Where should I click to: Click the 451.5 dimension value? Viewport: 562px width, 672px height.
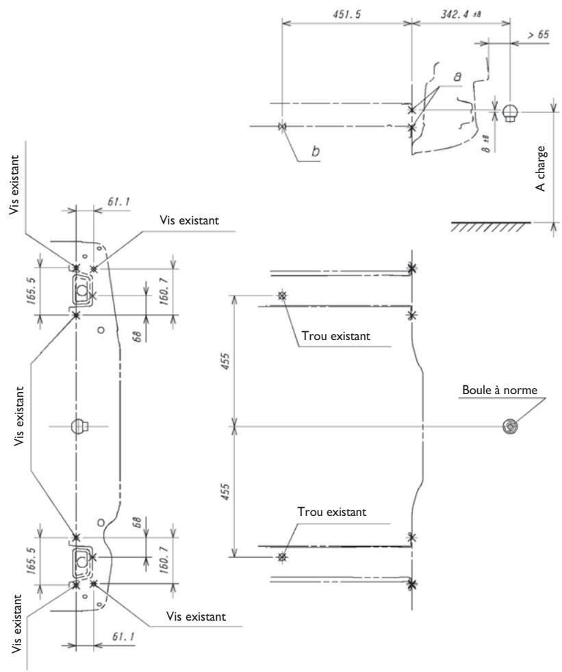[x=347, y=14]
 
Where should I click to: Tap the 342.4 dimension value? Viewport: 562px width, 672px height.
[x=461, y=14]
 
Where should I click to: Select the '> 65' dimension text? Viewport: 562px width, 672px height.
[x=538, y=34]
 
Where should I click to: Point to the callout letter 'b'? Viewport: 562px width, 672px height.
[x=316, y=151]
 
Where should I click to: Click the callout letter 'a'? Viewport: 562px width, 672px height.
[x=457, y=77]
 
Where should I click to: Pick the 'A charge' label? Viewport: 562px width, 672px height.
[x=541, y=168]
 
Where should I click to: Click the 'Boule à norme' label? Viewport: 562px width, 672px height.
[x=500, y=390]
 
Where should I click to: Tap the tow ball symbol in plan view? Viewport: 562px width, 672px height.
[x=510, y=426]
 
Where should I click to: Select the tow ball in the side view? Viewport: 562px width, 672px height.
[x=510, y=112]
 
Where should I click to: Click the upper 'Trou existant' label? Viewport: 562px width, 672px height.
[x=335, y=335]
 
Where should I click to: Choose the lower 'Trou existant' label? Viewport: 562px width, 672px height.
[x=332, y=512]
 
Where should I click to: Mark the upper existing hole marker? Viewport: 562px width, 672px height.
[x=282, y=296]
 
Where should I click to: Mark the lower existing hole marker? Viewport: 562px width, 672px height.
[x=282, y=557]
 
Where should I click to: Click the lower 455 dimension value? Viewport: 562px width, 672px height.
[x=225, y=492]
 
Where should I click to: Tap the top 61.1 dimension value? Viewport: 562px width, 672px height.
[x=118, y=201]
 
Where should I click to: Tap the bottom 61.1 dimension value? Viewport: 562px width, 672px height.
[x=123, y=636]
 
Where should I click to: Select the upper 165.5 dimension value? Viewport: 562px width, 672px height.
[x=31, y=291]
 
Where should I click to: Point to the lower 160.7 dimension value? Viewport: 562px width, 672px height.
[x=164, y=560]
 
